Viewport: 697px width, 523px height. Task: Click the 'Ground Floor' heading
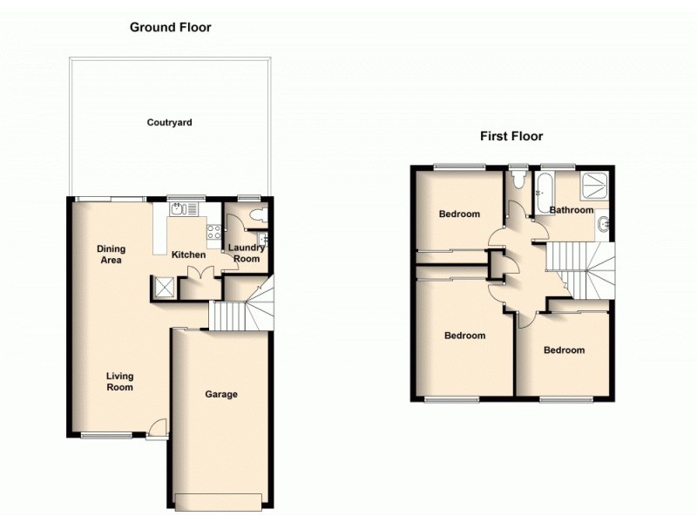coord(171,27)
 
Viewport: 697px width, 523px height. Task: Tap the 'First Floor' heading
coord(511,136)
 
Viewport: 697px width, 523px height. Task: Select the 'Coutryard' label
coord(169,123)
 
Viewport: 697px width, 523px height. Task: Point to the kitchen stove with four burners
coord(213,232)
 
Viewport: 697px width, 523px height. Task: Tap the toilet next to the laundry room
coord(254,215)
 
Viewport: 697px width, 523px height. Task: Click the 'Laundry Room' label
coord(247,254)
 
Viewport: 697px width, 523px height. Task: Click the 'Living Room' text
coord(119,382)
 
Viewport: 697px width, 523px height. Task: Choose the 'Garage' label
coord(221,395)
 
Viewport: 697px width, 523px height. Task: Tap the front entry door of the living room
coord(157,428)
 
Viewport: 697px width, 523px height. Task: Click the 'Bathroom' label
coord(571,210)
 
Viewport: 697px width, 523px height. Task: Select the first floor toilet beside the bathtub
coord(518,180)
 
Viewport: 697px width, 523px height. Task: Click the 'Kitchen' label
coord(188,255)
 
